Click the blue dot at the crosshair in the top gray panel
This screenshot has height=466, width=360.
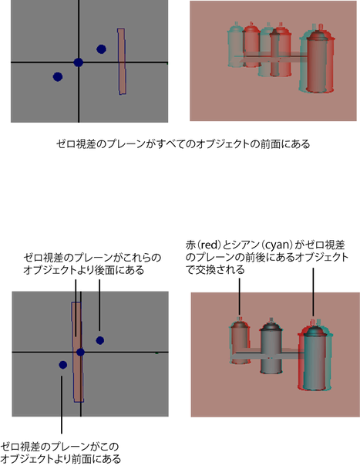tap(78, 62)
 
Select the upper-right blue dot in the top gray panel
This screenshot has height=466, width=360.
tap(101, 49)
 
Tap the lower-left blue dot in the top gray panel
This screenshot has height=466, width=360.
tap(58, 76)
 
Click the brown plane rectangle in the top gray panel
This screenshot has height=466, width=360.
tap(122, 62)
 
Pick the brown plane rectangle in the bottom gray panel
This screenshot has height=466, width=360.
tap(77, 352)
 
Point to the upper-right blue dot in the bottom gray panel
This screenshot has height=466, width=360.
tap(99, 340)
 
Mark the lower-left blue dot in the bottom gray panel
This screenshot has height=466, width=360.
tap(63, 365)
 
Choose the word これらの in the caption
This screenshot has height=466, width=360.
tap(143, 258)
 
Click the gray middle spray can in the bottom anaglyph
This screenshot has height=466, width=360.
tap(271, 346)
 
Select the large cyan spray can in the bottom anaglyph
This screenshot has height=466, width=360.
tap(315, 356)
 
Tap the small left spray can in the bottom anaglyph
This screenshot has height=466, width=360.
tap(240, 342)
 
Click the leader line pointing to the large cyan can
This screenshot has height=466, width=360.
tap(313, 292)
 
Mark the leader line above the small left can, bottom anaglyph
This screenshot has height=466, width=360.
tap(240, 295)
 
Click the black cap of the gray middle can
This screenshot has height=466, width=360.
tap(271, 325)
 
